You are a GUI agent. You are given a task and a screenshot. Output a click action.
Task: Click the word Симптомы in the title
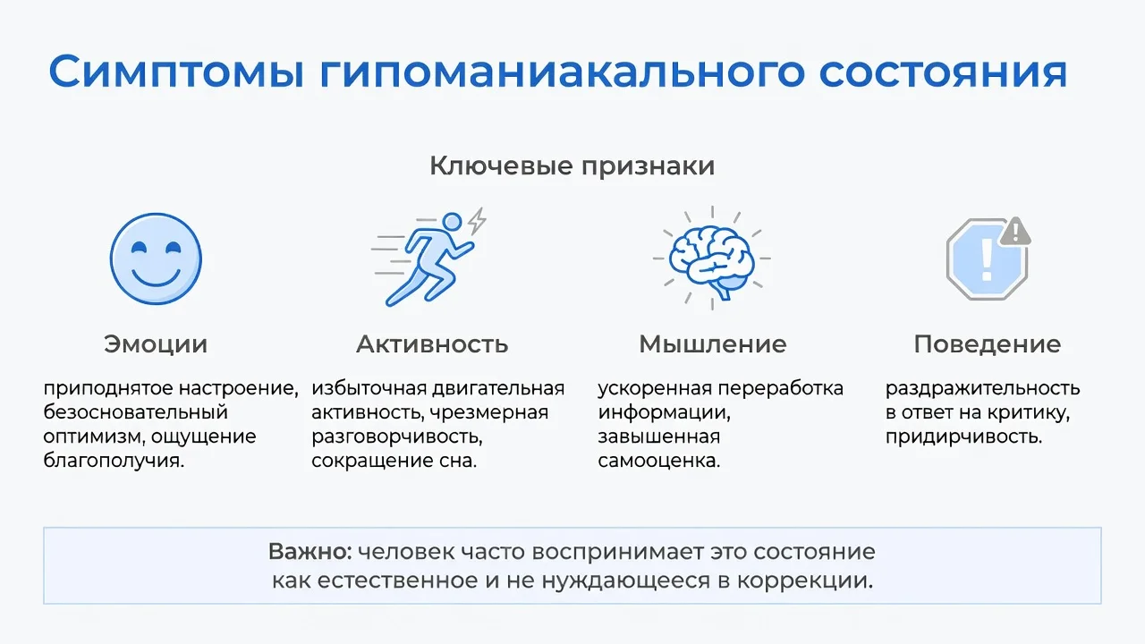pos(177,72)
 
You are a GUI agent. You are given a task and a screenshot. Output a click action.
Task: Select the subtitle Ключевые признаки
pos(572,166)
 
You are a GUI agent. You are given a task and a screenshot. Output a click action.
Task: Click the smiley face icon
pos(156,258)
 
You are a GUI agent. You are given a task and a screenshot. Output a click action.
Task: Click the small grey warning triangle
pos(1015,232)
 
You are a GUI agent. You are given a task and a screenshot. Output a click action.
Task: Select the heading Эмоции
pos(156,344)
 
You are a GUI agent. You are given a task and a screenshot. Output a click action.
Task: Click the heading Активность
pos(432,344)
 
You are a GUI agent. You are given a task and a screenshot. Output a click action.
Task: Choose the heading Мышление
pos(713,344)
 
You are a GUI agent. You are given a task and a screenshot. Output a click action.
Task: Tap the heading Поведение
pos(988,344)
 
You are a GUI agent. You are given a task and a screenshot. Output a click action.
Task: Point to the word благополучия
pos(114,461)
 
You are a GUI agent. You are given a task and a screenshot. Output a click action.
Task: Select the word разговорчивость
pos(397,437)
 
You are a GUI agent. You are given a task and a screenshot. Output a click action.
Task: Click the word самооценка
pos(659,461)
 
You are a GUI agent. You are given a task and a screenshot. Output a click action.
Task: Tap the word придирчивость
pos(963,437)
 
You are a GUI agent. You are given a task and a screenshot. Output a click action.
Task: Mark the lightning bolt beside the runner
pos(478,221)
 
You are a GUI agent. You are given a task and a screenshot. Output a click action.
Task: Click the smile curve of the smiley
pos(156,277)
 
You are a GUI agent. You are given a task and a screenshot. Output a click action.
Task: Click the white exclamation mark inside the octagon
pos(987,260)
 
